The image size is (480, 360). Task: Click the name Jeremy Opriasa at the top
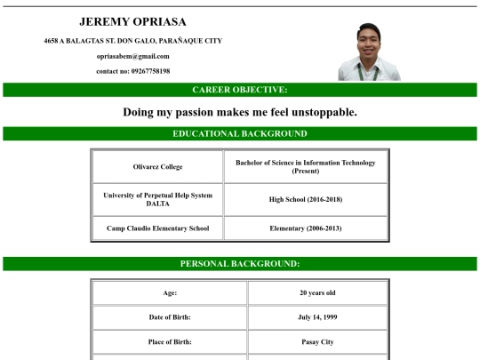132,21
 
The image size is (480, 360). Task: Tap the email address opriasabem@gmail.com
132,56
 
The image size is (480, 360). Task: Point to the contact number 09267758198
132,71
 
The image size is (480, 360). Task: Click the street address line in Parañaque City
132,41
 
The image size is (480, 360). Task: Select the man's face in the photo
367,41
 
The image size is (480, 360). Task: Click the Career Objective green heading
240,90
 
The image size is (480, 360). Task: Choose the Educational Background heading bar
240,133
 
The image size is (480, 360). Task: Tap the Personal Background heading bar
240,263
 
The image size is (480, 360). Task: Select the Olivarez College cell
157,167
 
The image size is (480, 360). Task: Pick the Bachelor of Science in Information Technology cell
305,166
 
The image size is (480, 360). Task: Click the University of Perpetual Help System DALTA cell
157,199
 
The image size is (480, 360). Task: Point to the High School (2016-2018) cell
305,199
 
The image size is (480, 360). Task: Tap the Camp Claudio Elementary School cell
157,228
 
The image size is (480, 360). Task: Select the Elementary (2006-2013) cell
305,228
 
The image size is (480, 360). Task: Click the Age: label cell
169,292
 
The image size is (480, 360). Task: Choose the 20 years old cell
316,292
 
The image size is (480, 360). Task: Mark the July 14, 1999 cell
316,317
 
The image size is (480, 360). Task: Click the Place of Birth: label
169,341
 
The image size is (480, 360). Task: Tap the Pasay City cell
316,341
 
